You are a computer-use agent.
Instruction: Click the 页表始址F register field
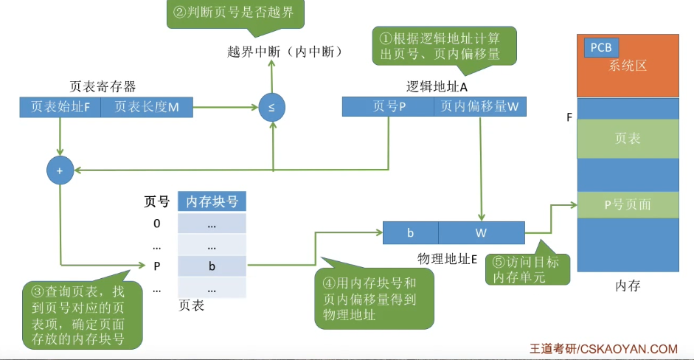(60, 107)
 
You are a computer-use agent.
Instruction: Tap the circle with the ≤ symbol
(271, 108)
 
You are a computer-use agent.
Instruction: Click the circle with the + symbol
(60, 170)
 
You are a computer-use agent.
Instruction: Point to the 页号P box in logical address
(389, 107)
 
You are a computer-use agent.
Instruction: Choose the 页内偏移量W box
(479, 107)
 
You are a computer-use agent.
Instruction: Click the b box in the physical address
(410, 233)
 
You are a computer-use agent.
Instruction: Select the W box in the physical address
(481, 233)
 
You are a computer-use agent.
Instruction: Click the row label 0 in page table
(156, 224)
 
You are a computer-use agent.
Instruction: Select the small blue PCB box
(601, 48)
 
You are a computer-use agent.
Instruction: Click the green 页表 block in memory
(627, 138)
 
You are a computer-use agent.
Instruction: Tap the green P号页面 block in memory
(627, 204)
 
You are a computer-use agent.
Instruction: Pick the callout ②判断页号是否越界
(235, 13)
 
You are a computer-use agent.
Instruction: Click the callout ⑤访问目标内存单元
(527, 268)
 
